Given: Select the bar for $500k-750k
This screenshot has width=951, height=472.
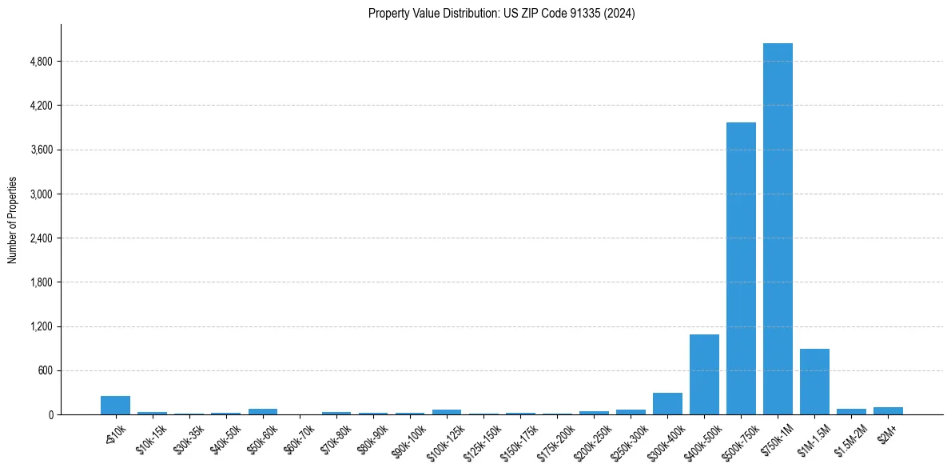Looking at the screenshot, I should [741, 269].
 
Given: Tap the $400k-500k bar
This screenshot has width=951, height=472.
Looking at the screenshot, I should [704, 374].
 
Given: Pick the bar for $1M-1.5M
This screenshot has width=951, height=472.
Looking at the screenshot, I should [814, 382].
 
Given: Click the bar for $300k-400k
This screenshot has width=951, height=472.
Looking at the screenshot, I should [667, 404].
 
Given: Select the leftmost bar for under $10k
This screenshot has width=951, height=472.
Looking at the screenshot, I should [115, 406].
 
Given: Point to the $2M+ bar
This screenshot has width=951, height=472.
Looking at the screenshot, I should [888, 411].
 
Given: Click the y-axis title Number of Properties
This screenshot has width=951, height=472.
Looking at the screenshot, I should [13, 220].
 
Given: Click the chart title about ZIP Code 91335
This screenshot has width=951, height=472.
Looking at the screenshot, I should [501, 14].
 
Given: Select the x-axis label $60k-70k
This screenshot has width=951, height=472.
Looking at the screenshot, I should [299, 439].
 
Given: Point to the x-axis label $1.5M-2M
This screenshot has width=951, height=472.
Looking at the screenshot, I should [850, 439].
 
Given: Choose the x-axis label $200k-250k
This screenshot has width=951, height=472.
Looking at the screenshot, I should [591, 441].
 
